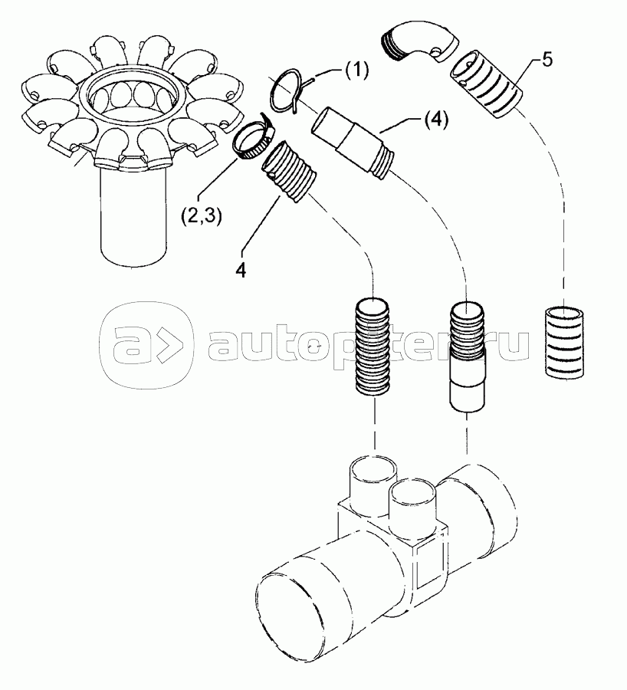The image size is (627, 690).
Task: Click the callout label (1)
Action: click(355, 71)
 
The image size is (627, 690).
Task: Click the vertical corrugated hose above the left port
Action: click(373, 347)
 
